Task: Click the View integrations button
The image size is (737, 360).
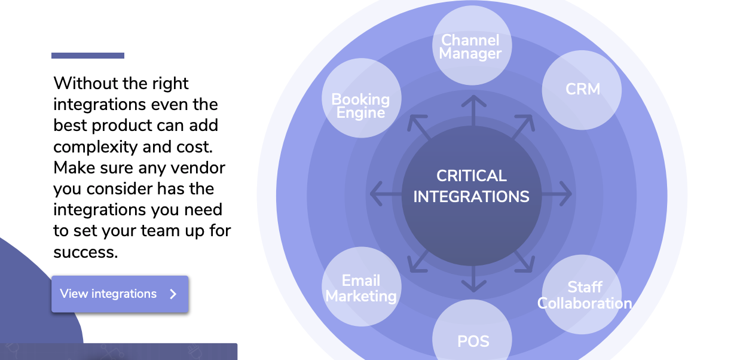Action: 120,294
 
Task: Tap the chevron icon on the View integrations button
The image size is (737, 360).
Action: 173,294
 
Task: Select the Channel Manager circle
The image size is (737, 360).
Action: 472,45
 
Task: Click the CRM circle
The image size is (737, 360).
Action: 582,90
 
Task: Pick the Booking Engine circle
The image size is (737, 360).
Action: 361,98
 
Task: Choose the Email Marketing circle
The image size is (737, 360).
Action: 361,287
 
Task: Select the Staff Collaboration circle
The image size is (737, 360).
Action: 582,295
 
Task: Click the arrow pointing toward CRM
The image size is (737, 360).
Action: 523,126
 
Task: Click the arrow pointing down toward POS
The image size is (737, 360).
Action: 473,278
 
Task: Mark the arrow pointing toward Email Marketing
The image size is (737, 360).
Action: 418,261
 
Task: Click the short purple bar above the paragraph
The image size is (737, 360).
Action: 88,56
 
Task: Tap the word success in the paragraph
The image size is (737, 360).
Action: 85,252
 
